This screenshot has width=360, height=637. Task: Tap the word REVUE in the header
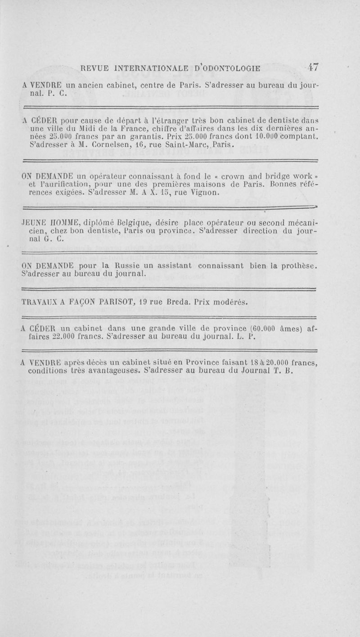tap(95, 68)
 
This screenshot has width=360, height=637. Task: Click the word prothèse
tap(300, 265)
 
